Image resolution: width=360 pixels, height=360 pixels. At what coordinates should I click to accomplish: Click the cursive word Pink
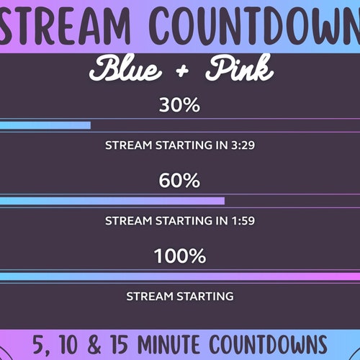coord(239,70)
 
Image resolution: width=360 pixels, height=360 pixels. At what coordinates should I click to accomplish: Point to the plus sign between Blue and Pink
coord(181,71)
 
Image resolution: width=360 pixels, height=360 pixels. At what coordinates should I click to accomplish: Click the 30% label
coord(179,106)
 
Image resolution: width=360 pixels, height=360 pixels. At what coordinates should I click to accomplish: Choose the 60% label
coord(179,181)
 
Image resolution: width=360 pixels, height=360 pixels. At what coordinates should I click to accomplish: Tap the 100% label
coord(179,256)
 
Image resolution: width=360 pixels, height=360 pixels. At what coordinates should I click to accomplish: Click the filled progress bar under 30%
coord(45,125)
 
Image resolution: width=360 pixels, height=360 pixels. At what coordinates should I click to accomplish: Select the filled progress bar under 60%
coord(112,201)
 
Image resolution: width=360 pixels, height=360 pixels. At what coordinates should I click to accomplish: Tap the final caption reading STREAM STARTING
coord(179,296)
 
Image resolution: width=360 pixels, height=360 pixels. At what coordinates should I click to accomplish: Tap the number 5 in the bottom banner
coord(37,343)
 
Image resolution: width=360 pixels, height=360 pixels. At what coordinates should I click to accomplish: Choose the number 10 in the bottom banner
coord(67,343)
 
